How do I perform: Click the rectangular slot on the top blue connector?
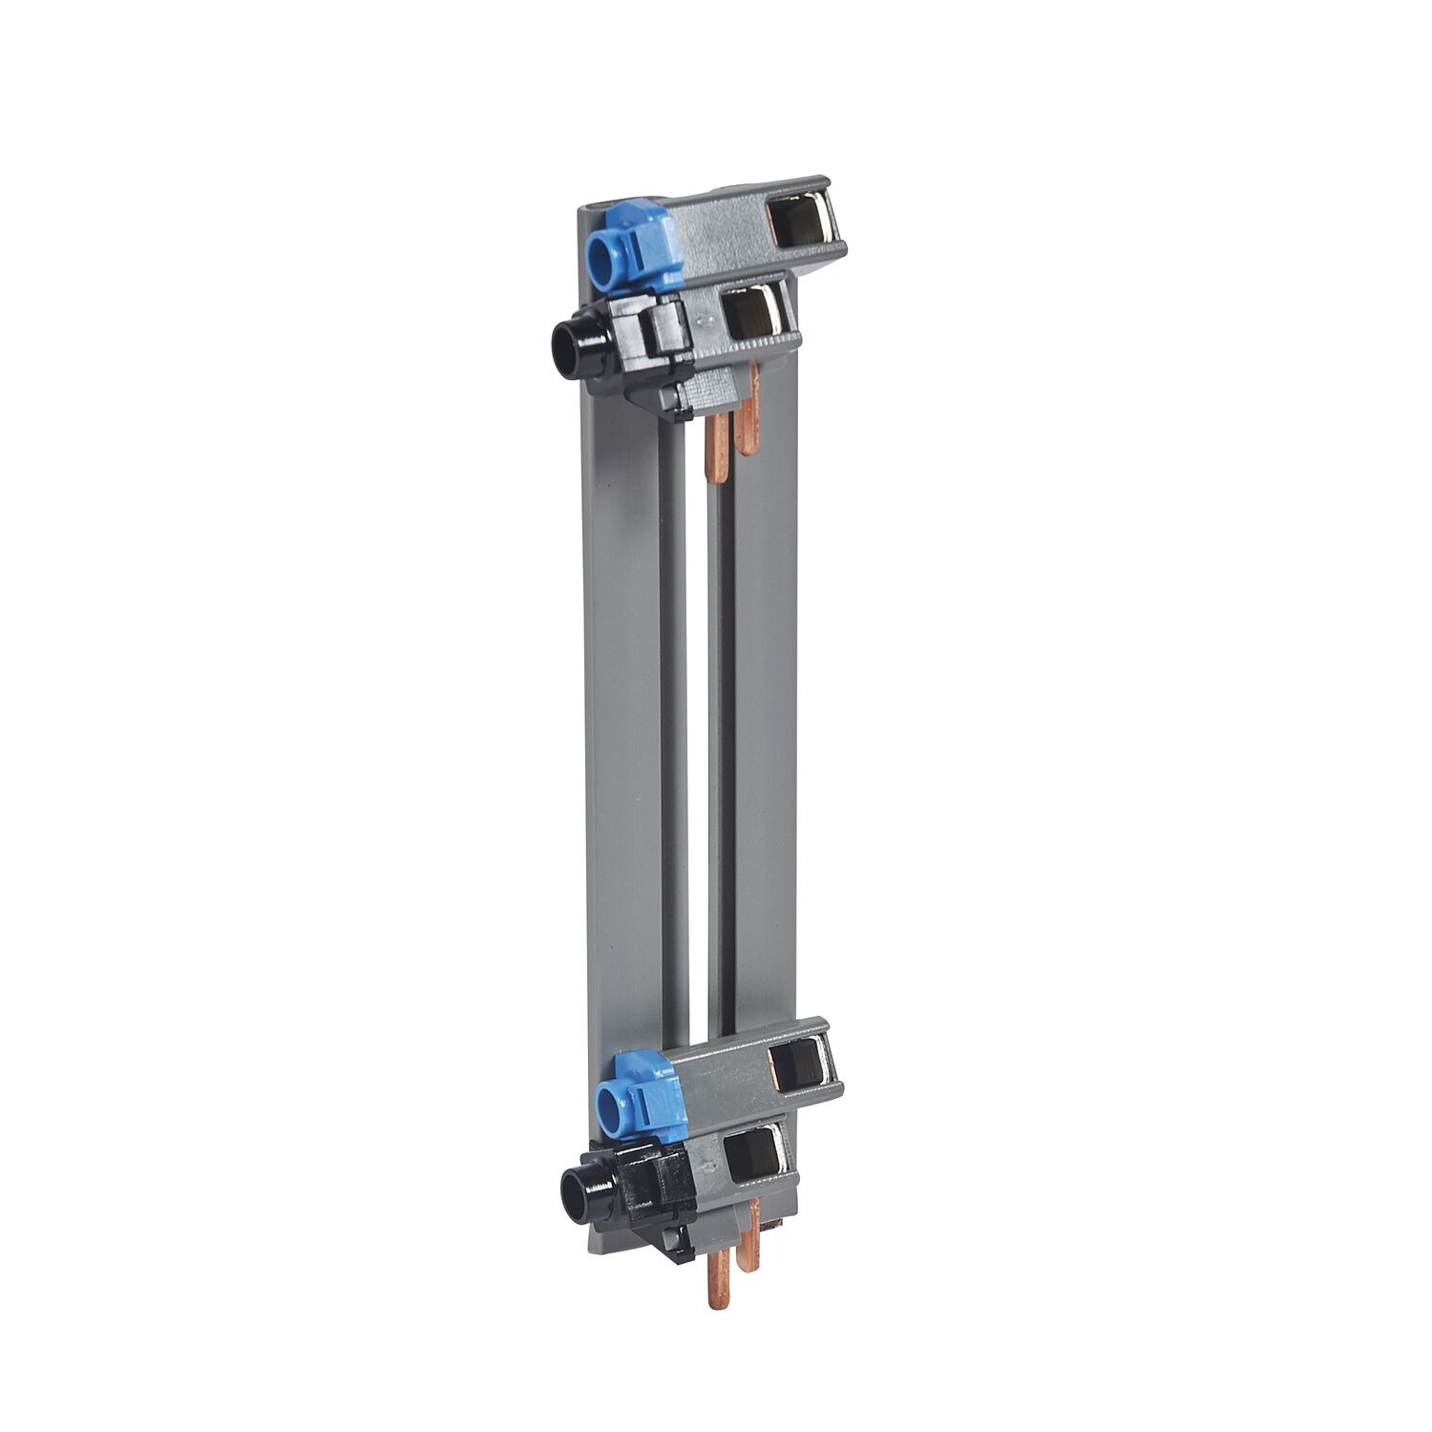click(x=800, y=224)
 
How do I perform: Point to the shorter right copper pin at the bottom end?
click(x=753, y=1241)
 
